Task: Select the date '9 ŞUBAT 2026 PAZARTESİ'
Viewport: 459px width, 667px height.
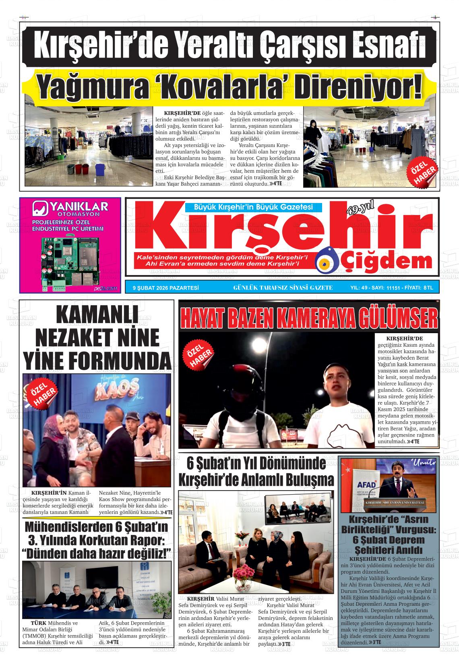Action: [166, 288]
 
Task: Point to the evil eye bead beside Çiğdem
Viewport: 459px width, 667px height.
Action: [324, 261]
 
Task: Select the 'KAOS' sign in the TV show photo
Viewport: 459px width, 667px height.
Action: [108, 394]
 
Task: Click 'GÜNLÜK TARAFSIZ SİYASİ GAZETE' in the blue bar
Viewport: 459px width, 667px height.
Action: [283, 288]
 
